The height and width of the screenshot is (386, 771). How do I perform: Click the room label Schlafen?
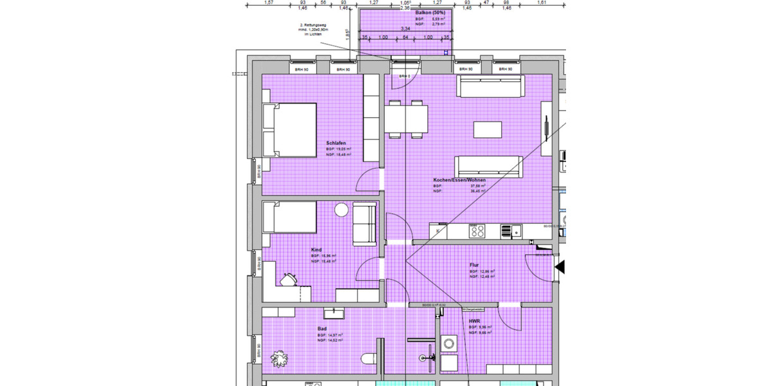click(337, 143)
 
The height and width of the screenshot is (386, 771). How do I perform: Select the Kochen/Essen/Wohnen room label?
click(459, 180)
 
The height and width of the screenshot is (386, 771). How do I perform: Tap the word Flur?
click(474, 264)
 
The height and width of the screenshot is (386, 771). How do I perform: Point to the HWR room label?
click(474, 320)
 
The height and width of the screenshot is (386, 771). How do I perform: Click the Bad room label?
click(322, 329)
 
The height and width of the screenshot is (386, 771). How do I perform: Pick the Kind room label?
click(316, 250)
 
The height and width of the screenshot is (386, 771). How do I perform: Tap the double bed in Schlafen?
click(289, 131)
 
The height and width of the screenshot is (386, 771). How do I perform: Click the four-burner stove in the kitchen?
click(477, 230)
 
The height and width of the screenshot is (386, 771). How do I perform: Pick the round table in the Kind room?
click(341, 210)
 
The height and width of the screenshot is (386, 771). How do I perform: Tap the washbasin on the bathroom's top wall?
click(333, 313)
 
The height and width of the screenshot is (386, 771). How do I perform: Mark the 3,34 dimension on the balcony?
click(405, 29)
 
